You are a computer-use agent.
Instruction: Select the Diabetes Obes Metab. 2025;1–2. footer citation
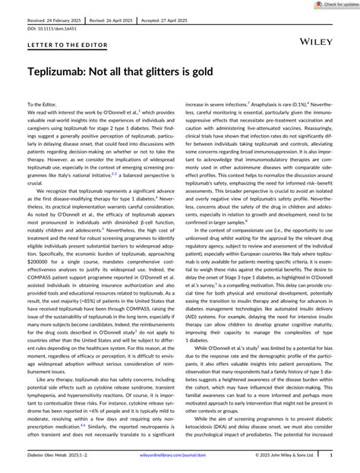pyautogui.click(x=56, y=456)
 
